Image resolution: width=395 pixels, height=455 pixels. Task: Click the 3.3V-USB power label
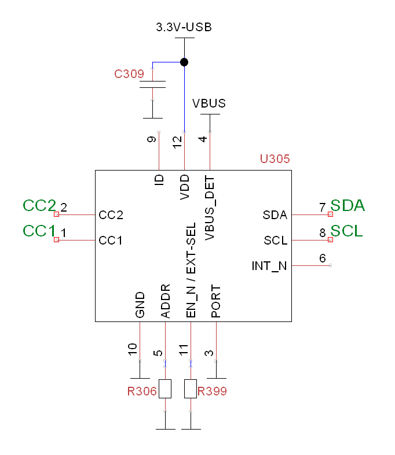click(x=184, y=27)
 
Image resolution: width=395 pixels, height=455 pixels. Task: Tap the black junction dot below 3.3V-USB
click(x=184, y=62)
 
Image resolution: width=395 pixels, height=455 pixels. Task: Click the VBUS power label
click(x=209, y=103)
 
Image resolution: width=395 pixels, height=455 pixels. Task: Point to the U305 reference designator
click(x=275, y=158)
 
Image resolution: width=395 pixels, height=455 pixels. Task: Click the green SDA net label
click(x=348, y=206)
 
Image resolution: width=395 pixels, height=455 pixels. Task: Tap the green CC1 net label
click(x=39, y=231)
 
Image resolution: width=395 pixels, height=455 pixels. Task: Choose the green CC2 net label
click(x=39, y=206)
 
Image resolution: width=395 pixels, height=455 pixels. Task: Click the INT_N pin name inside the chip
click(x=269, y=266)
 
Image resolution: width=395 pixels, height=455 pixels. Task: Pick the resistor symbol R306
click(x=165, y=389)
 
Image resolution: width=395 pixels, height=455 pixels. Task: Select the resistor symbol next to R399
click(x=191, y=389)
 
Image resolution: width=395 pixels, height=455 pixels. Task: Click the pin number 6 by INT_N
click(x=323, y=258)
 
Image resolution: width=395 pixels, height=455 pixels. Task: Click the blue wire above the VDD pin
click(x=184, y=98)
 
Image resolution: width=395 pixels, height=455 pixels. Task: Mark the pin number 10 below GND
click(x=133, y=349)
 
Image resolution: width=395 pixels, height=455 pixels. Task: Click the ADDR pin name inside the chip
click(x=166, y=301)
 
